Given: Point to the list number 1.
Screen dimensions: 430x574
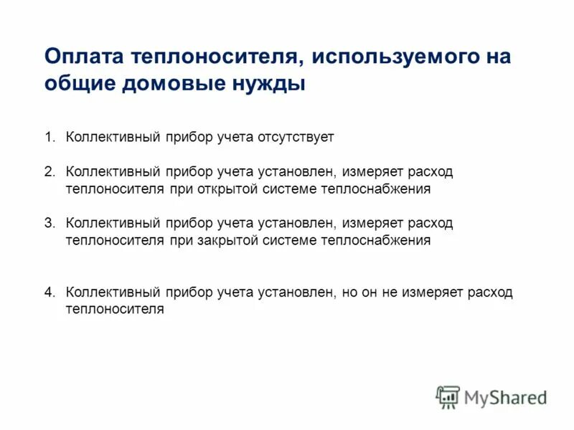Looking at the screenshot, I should tap(49, 136).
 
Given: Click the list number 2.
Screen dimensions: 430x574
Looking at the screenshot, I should tap(49, 173).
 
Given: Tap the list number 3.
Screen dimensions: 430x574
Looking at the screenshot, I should tap(49, 224).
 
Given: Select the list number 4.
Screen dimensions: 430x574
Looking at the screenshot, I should tap(49, 292).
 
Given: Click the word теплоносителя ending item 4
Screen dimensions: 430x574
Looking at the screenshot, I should tap(115, 310).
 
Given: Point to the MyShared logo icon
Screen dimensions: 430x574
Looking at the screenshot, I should tap(448, 396).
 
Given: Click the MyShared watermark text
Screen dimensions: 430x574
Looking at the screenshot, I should tap(505, 396).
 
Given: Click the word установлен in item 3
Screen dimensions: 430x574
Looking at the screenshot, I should tap(295, 224).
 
